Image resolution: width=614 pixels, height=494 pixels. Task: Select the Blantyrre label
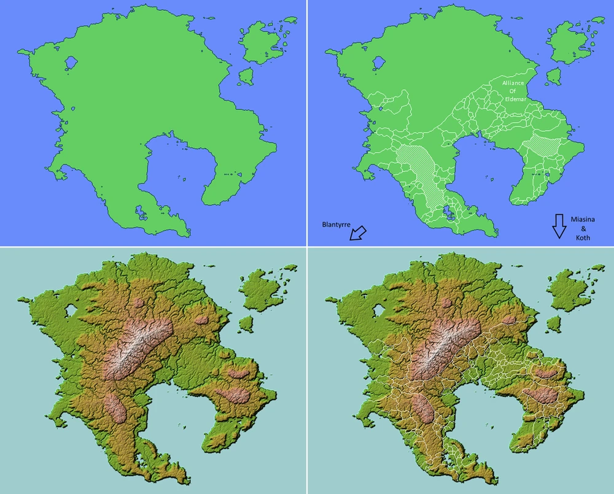(x=336, y=225)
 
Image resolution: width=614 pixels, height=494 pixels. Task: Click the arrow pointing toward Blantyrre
(x=357, y=233)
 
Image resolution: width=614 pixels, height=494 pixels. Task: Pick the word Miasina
(x=583, y=220)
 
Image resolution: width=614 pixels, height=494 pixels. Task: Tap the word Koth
(x=583, y=237)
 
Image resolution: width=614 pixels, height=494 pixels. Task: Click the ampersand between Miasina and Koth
(x=583, y=229)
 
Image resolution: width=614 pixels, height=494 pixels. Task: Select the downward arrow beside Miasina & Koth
(x=558, y=225)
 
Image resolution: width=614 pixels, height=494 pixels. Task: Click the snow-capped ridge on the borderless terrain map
(x=138, y=347)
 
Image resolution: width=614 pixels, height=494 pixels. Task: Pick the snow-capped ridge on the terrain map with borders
(x=445, y=347)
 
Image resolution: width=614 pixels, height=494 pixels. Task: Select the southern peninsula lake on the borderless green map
(x=141, y=213)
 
